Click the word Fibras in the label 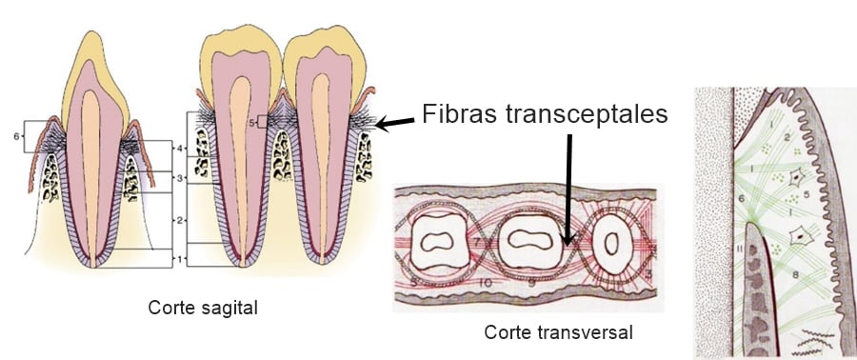pyautogui.click(x=459, y=114)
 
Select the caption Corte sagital pyautogui.click(x=203, y=309)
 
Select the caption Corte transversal pyautogui.click(x=559, y=332)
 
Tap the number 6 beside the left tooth pyautogui.click(x=16, y=136)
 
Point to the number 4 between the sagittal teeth pyautogui.click(x=179, y=148)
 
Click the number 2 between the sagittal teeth pyautogui.click(x=179, y=220)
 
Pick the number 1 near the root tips pyautogui.click(x=180, y=258)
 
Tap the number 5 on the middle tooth pyautogui.click(x=252, y=123)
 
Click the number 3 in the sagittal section pyautogui.click(x=179, y=178)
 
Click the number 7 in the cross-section pyautogui.click(x=476, y=242)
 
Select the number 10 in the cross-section pyautogui.click(x=486, y=282)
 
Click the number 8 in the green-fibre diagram pyautogui.click(x=795, y=276)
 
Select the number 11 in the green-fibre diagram pyautogui.click(x=740, y=250)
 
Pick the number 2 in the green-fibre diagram pyautogui.click(x=787, y=138)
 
